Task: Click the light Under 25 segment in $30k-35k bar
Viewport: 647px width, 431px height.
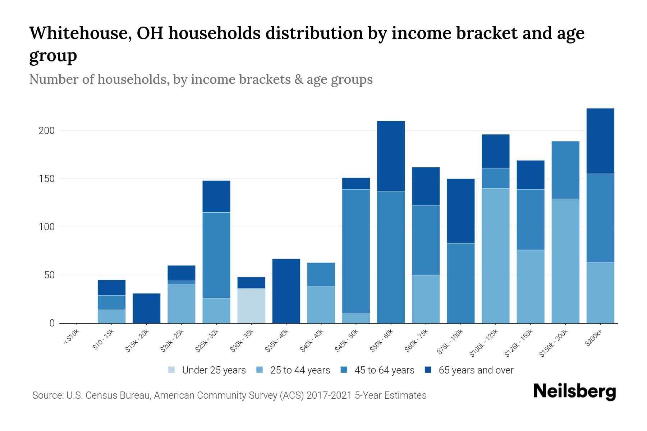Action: pyautogui.click(x=251, y=306)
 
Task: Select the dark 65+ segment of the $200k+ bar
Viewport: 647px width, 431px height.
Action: pyautogui.click(x=600, y=141)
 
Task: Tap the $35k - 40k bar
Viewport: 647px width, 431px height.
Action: pyautogui.click(x=286, y=291)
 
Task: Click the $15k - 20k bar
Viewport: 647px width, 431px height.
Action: pyautogui.click(x=146, y=308)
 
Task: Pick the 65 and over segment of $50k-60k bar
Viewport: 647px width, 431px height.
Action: pyautogui.click(x=391, y=156)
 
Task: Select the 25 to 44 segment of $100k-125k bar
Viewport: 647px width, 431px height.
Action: pyautogui.click(x=495, y=256)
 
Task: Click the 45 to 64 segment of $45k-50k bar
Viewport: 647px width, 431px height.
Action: pyautogui.click(x=356, y=251)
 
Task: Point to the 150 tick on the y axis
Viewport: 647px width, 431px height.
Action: pyautogui.click(x=46, y=179)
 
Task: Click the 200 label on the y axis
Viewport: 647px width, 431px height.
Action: pyautogui.click(x=46, y=131)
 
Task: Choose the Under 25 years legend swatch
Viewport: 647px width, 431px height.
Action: pyautogui.click(x=172, y=370)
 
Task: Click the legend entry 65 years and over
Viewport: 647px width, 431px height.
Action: pyautogui.click(x=476, y=370)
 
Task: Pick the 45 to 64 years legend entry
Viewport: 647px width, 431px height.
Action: pyautogui.click(x=384, y=370)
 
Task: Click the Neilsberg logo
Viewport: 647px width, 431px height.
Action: pyautogui.click(x=574, y=392)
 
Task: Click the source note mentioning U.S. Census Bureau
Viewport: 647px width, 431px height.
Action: pyautogui.click(x=229, y=395)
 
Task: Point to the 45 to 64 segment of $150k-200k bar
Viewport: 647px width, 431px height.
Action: pyautogui.click(x=565, y=170)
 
